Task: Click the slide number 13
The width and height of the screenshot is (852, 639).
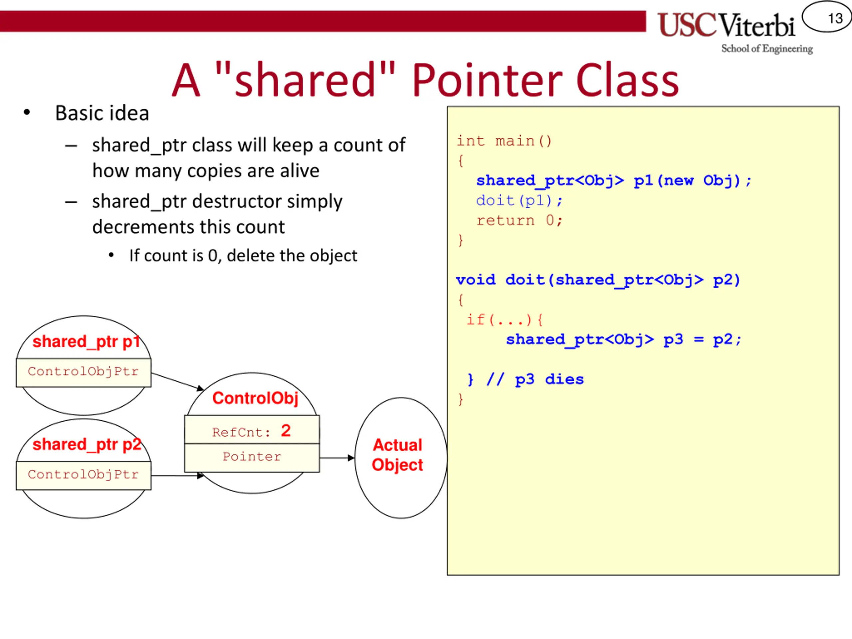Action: (x=835, y=18)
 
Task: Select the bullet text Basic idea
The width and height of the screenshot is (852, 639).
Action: (x=102, y=113)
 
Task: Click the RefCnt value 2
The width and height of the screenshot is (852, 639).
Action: (x=286, y=431)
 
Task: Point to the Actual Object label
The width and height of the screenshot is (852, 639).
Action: (x=397, y=455)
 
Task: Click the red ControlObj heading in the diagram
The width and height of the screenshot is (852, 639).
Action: (x=255, y=398)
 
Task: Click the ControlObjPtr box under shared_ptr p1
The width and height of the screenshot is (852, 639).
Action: (x=83, y=372)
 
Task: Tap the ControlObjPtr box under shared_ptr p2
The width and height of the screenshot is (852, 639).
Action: (x=83, y=475)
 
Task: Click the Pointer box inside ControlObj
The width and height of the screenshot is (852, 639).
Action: (x=252, y=457)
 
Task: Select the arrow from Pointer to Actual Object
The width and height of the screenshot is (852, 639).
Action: (x=336, y=458)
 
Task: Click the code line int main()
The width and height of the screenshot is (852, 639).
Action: (x=504, y=141)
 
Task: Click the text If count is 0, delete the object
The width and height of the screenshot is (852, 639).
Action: (x=243, y=256)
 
